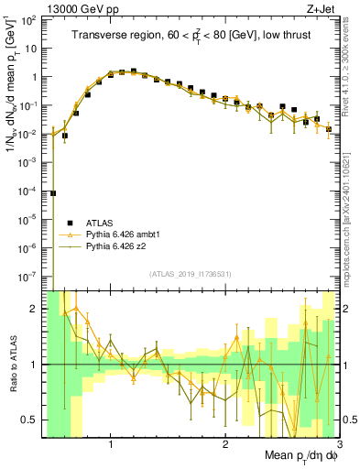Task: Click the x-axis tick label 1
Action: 111,446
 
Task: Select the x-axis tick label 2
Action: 224,446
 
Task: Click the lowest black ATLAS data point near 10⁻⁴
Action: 53,193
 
